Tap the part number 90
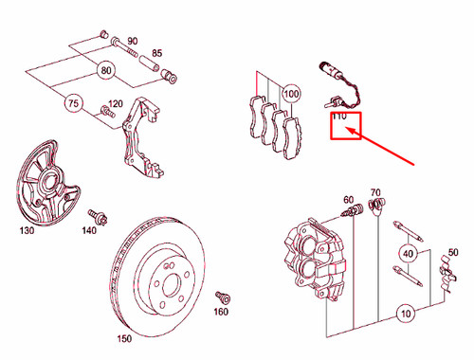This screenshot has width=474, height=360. (132, 41)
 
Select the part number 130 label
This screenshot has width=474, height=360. (28, 230)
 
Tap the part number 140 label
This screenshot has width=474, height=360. (90, 230)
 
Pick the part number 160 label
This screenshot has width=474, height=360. (221, 312)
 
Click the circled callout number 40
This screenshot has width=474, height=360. (408, 253)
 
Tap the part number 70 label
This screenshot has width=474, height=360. (375, 192)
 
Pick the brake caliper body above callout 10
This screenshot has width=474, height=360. (319, 251)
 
